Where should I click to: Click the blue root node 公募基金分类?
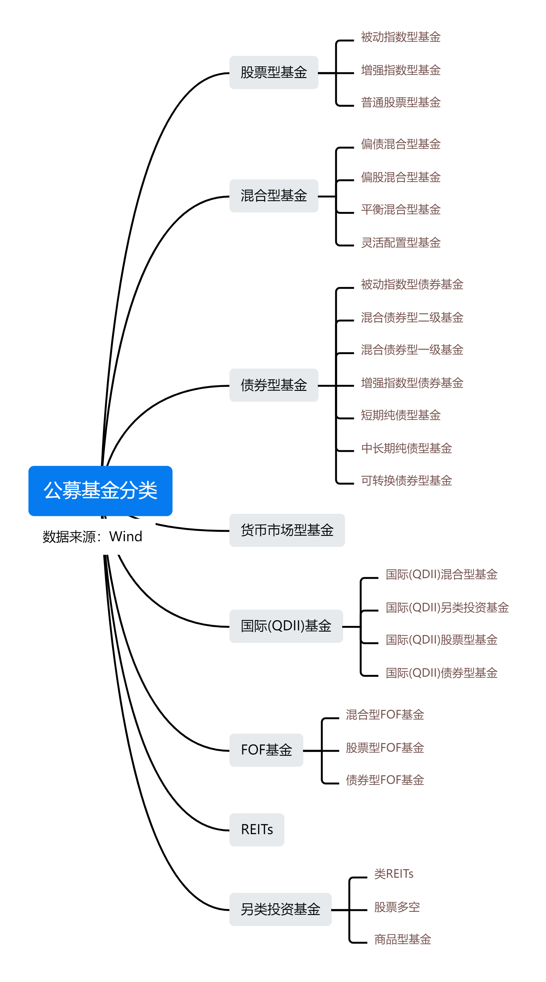[100, 490]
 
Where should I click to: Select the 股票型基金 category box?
[273, 72]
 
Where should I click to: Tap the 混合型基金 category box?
[273, 196]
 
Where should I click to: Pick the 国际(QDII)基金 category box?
[286, 626]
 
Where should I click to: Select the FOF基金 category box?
[266, 750]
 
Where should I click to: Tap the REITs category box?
[257, 829]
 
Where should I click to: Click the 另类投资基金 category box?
[280, 909]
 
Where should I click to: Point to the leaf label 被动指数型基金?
[400, 37]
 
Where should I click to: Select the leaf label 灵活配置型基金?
[400, 242]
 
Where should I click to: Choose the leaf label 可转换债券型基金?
[406, 480]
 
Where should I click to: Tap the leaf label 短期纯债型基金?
[400, 415]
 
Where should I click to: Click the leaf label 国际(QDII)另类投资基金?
[447, 607]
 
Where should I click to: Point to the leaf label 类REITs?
[393, 874]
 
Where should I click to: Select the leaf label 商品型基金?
[402, 939]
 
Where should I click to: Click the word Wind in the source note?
[125, 536]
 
